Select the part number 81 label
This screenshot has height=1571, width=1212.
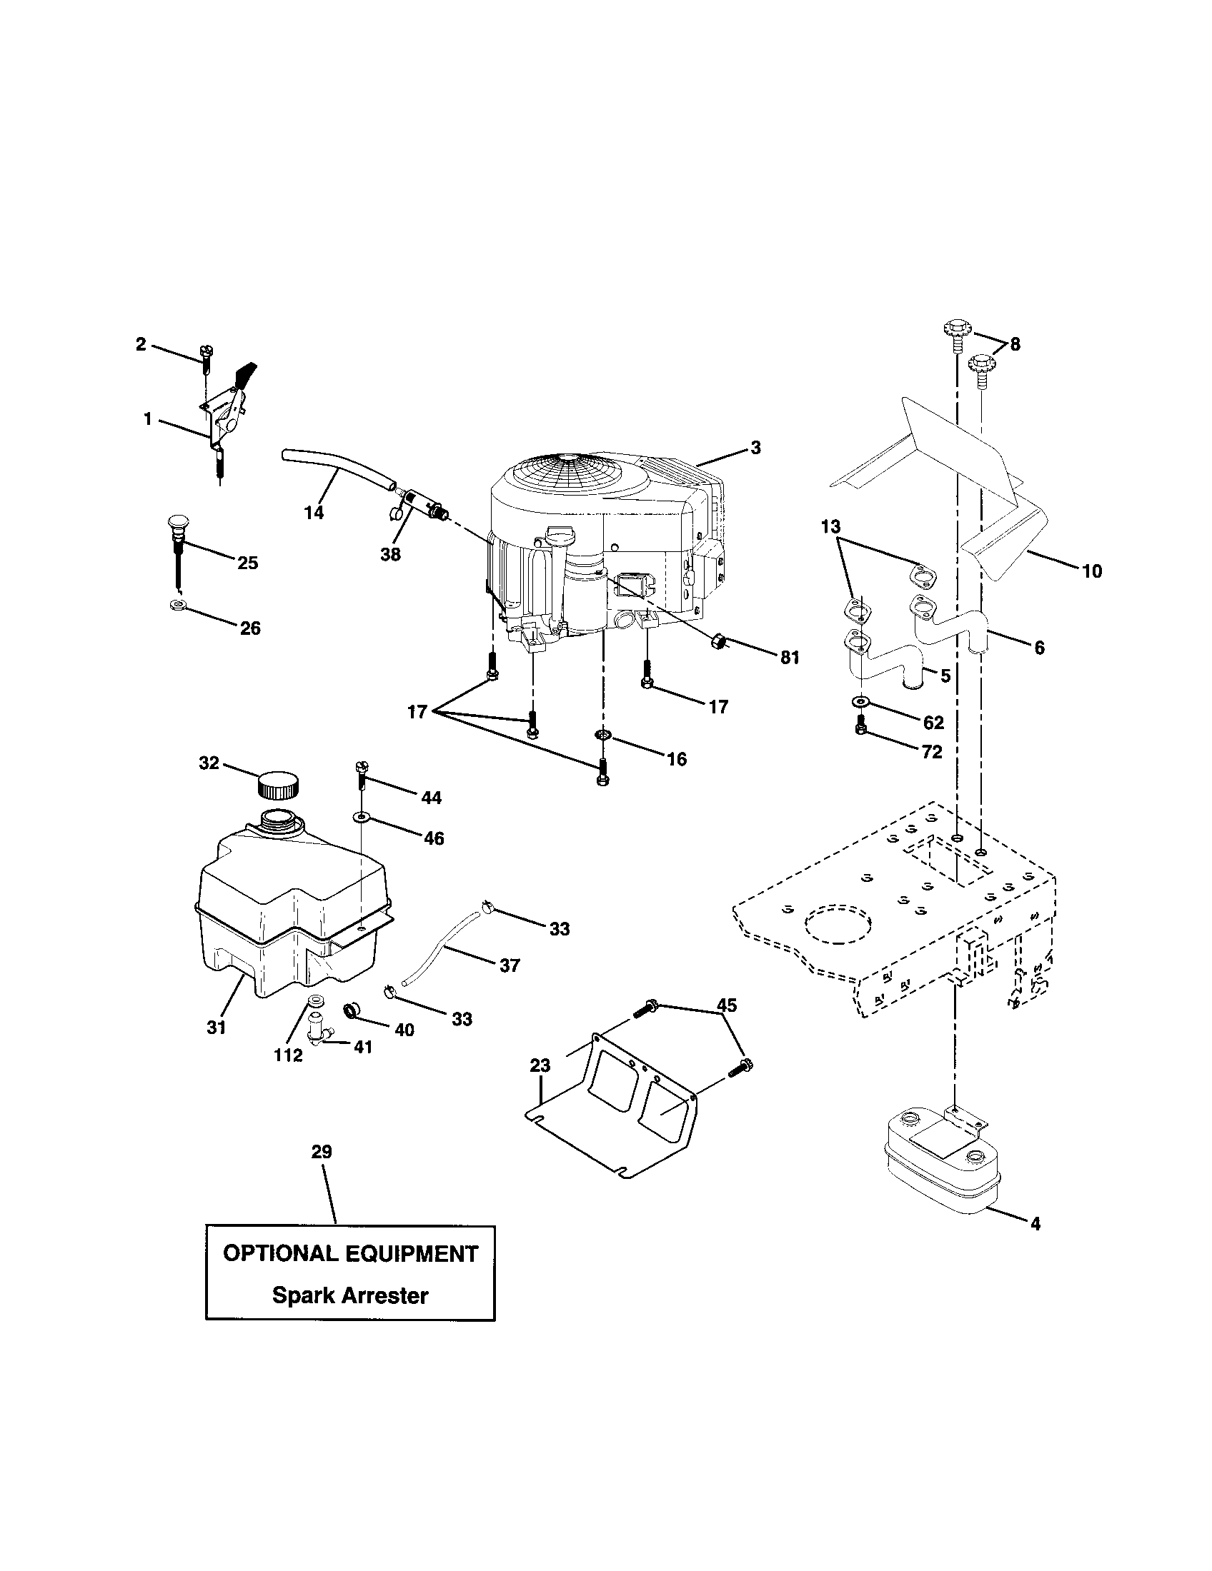pyautogui.click(x=790, y=658)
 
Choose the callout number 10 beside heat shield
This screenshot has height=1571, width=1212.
pyautogui.click(x=1092, y=571)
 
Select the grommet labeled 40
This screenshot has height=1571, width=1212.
pyautogui.click(x=352, y=1010)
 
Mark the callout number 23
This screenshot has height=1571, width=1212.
pyautogui.click(x=540, y=1085)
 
